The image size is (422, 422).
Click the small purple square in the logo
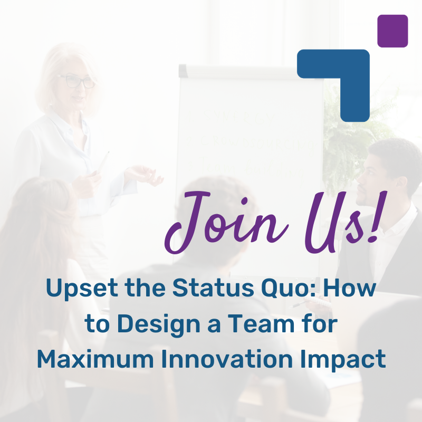pos(393,31)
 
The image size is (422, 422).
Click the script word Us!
pos(338,222)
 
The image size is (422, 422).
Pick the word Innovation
pos(233,359)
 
